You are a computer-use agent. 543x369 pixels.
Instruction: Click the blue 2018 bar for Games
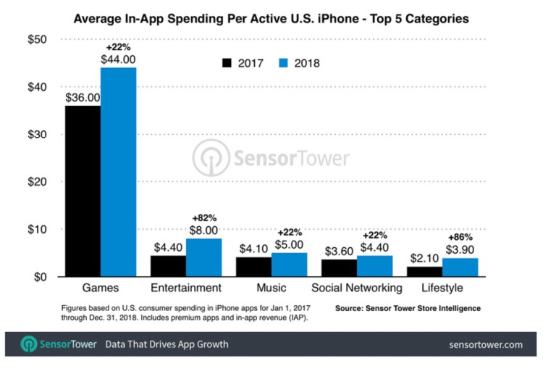(x=118, y=172)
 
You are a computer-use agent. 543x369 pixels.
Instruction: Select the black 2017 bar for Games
(x=83, y=191)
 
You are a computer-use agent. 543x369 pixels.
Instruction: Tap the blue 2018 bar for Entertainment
(x=203, y=257)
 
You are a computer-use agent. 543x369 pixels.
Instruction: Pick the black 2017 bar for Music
(x=253, y=267)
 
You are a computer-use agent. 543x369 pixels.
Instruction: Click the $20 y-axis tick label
(x=37, y=182)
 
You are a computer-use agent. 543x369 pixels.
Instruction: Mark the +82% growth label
(x=203, y=218)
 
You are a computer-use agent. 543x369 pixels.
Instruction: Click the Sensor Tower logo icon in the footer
(x=29, y=344)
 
